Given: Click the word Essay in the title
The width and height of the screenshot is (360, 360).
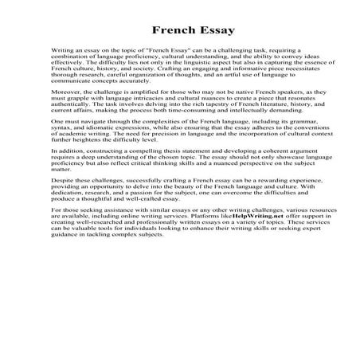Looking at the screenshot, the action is coord(200,32).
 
